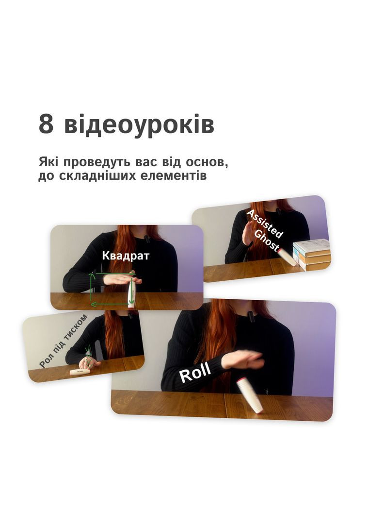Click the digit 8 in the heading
46,124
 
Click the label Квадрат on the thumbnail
126,256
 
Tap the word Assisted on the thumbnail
265,224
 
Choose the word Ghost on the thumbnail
267,240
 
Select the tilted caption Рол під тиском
64,341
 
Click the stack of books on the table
312,254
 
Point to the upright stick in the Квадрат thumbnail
131,290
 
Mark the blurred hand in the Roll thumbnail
242,359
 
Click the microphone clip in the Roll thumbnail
251,316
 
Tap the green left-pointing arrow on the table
110,304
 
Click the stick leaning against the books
286,257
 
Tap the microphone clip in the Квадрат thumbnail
147,239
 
